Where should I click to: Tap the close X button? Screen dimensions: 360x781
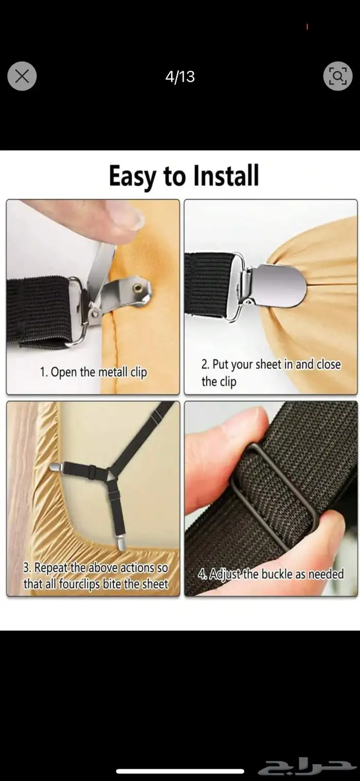point(22,76)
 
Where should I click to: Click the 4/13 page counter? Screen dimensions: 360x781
point(180,77)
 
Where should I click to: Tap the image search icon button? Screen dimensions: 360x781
point(338,76)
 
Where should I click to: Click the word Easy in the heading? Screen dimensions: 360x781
point(132,176)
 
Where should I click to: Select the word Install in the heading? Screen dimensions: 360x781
point(226,175)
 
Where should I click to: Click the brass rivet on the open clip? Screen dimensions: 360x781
point(137,288)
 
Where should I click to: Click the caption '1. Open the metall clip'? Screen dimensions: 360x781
point(94,372)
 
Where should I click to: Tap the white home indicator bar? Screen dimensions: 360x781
point(180,771)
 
